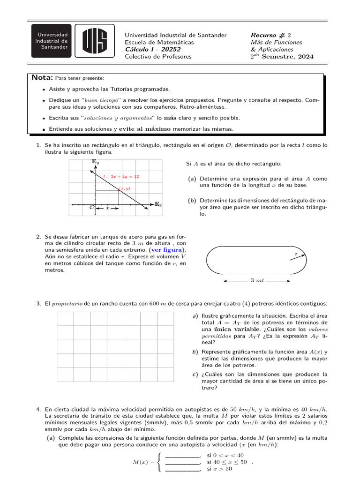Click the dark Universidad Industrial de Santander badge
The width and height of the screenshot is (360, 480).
52,41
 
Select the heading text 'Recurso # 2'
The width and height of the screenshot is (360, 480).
271,35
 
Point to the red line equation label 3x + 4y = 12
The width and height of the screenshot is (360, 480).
121,177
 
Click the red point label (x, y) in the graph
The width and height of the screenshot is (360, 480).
124,188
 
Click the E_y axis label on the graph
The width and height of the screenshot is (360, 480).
95,162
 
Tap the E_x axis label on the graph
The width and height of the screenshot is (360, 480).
158,204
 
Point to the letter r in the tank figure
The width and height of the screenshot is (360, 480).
296,254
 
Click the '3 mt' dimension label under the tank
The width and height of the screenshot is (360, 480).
257,280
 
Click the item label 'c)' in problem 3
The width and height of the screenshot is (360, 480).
195,375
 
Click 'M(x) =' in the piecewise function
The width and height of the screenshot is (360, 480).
145,462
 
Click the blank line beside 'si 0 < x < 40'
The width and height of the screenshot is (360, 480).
182,456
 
